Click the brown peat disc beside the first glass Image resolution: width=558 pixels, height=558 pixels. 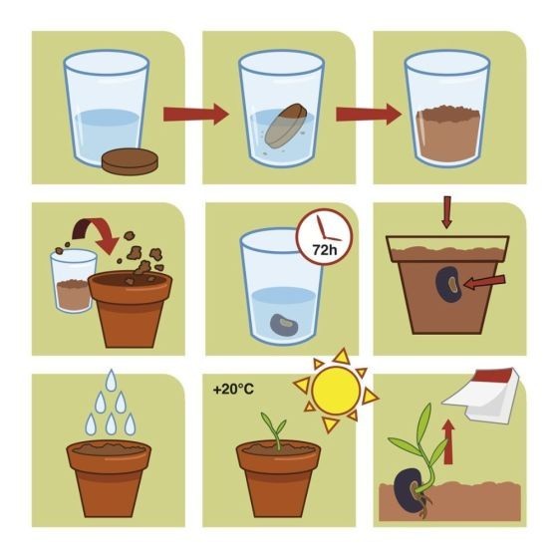coord(131,161)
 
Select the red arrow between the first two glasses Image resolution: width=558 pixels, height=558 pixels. coord(195,115)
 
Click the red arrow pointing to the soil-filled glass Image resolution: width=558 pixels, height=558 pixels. coord(369,115)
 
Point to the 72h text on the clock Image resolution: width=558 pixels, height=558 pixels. coord(325,250)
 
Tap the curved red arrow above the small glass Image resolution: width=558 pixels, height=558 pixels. coord(96,234)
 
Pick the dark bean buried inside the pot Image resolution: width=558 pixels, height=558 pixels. coord(448,284)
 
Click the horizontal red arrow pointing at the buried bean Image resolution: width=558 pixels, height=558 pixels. coord(484,282)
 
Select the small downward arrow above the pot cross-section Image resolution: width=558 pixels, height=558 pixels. coord(447,211)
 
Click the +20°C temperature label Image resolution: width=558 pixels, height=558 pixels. coord(233,390)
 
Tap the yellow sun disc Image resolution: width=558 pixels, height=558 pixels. coord(336,391)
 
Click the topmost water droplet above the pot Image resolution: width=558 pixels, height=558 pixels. coord(112,379)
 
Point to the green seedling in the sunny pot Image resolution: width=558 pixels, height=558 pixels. coord(275,429)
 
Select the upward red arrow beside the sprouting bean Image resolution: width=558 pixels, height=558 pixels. coord(448,441)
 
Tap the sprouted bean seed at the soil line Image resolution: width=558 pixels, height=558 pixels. coord(409,489)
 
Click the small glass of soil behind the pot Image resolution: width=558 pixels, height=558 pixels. coord(73,280)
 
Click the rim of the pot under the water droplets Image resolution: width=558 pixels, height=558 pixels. coord(109,454)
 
